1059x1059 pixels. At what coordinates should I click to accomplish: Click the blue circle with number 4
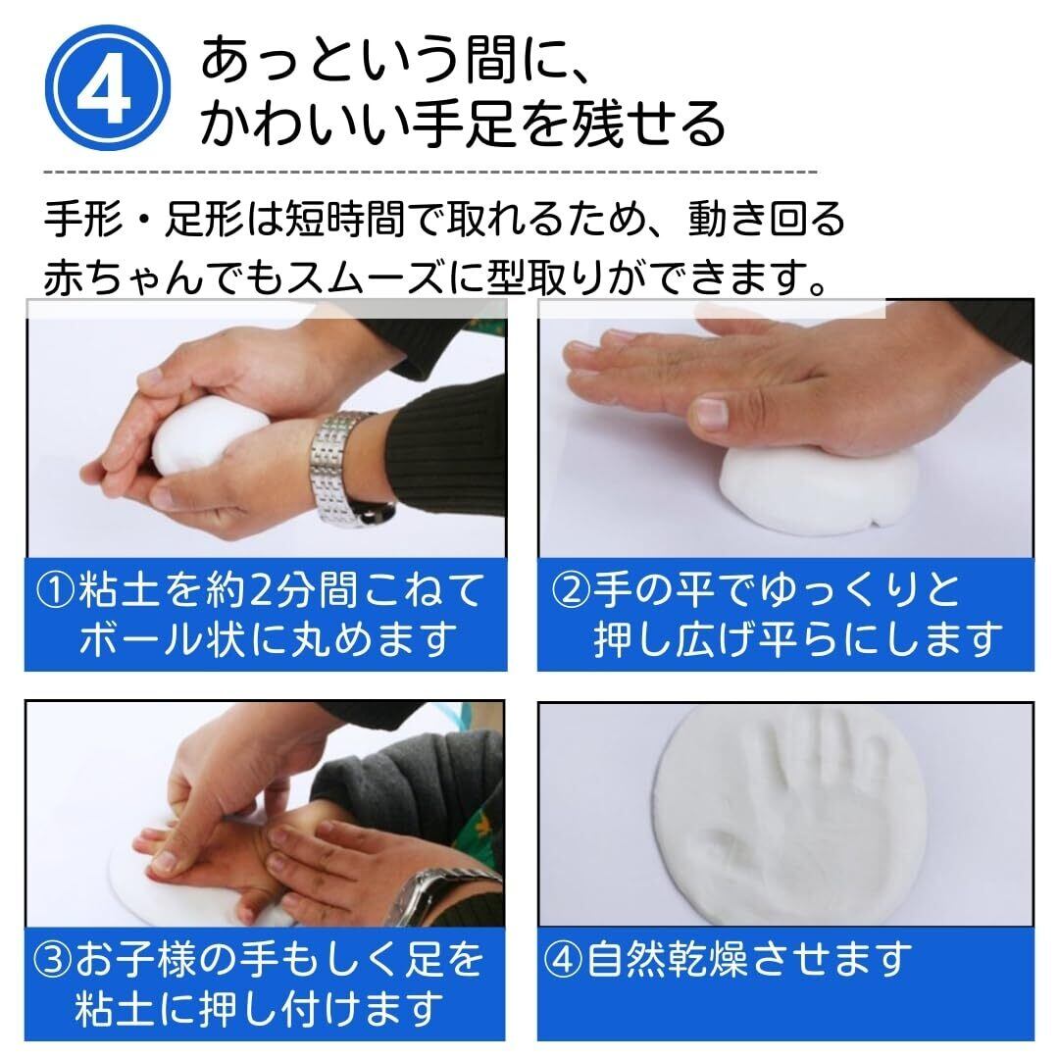(x=108, y=88)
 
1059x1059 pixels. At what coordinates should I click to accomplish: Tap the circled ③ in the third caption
(x=53, y=960)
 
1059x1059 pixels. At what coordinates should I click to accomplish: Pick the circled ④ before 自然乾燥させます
(x=563, y=960)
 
